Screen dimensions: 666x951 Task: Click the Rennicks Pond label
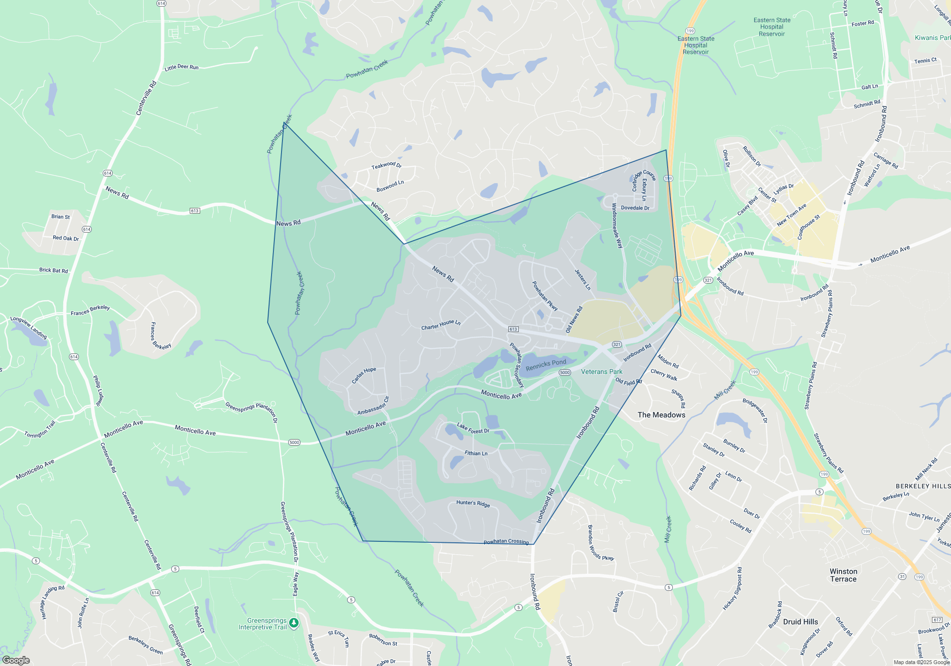[546, 365]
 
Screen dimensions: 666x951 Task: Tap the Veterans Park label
[602, 372]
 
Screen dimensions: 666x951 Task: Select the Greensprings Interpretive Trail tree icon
[294, 623]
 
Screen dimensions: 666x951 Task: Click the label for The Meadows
[661, 415]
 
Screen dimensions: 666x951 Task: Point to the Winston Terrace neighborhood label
[843, 575]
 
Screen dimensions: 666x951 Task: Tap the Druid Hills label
[800, 622]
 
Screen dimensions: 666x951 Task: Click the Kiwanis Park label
[932, 38]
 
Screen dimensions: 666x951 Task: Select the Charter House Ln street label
[441, 325]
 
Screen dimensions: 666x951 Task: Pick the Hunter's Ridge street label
[473, 503]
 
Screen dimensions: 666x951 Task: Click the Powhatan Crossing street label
[506, 541]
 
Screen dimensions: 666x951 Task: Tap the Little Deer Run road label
[181, 68]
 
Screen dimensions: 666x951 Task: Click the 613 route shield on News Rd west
[194, 211]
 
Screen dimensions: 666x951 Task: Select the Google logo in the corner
[16, 660]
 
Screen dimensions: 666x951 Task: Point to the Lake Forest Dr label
[473, 428]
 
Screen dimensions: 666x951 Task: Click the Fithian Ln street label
[476, 453]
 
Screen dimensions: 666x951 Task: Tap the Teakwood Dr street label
[386, 165]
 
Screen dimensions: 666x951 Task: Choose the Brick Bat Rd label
[53, 270]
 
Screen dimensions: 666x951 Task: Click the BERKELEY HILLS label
[922, 486]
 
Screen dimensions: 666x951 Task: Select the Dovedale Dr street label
[635, 208]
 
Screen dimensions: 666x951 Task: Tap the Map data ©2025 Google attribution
[921, 662]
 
